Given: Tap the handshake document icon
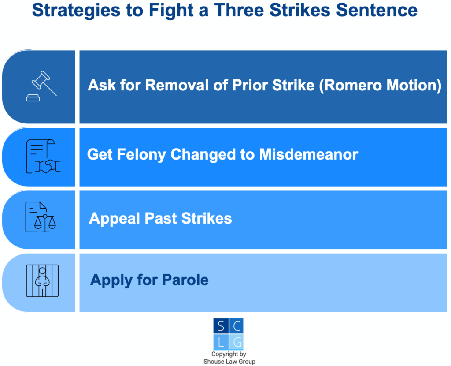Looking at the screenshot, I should [x=43, y=157].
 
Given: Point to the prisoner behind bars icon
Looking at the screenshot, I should [x=42, y=281].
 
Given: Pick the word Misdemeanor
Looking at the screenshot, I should [x=308, y=154].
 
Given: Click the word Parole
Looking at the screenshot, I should [x=185, y=280].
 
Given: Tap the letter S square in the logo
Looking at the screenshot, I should [x=220, y=326].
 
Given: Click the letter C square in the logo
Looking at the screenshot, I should [x=236, y=326].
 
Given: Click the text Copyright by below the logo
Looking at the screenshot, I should [x=229, y=354].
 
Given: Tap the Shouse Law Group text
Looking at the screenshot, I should [x=229, y=362].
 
